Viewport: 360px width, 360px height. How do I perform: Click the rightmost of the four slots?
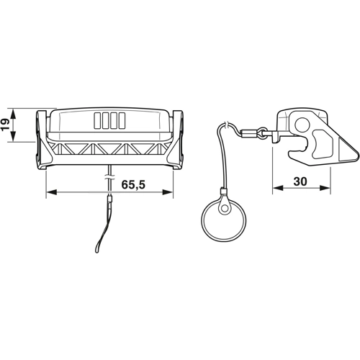click(123, 120)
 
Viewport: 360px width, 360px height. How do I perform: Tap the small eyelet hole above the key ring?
click(225, 209)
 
